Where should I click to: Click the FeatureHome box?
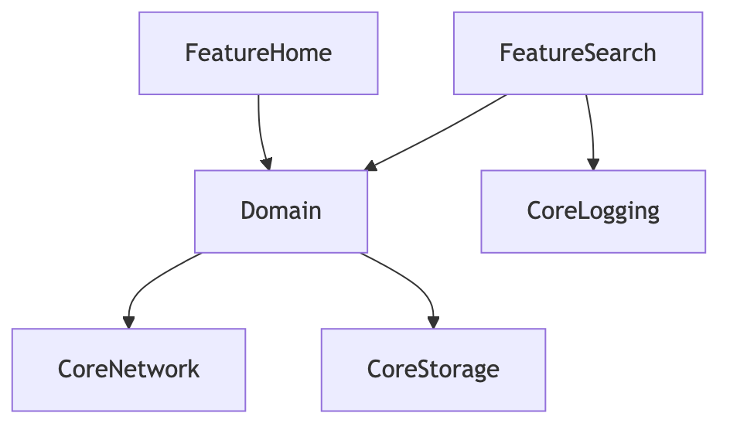[258, 53]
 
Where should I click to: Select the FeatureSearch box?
[578, 53]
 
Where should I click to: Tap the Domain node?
[281, 211]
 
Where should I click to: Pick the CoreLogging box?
[593, 211]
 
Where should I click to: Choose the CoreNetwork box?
[128, 370]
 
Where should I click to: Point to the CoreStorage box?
[433, 370]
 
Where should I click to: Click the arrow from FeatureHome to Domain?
[261, 132]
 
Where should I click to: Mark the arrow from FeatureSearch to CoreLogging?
[592, 132]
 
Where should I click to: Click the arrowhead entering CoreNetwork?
[128, 322]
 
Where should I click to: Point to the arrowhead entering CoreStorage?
[433, 322]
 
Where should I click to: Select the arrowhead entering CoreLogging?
[593, 164]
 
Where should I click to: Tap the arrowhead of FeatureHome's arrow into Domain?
[267, 164]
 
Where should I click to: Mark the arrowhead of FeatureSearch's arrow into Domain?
[370, 166]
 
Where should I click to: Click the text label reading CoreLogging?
[593, 212]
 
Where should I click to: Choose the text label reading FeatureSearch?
[578, 53]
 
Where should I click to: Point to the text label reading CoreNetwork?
[128, 369]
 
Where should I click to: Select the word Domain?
[281, 211]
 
